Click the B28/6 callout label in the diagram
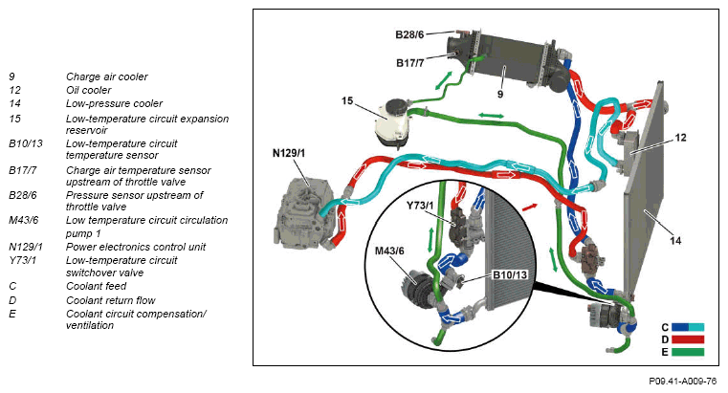409,34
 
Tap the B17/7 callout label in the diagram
409,63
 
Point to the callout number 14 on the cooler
675,241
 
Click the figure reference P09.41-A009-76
682,381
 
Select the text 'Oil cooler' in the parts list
88,90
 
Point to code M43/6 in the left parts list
23,220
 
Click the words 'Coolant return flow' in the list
110,299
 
